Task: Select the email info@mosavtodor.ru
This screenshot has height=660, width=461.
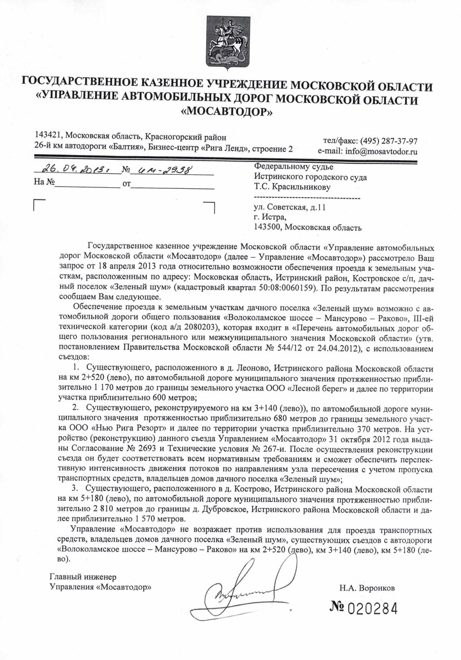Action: tap(381, 151)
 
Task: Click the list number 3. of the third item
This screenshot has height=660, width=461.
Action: tap(75, 489)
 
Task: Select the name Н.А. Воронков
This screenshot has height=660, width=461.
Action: tap(367, 588)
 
